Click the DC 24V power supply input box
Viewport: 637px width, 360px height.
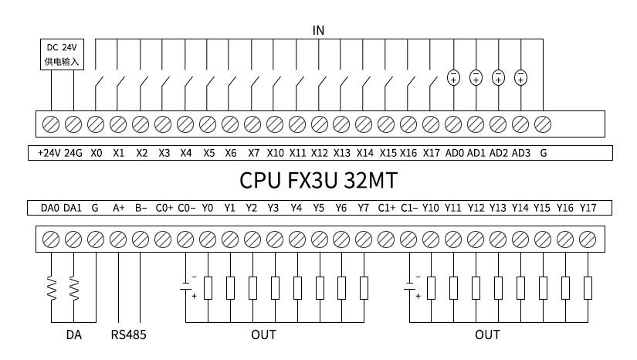pos(63,54)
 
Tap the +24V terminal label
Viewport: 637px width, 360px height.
pos(49,153)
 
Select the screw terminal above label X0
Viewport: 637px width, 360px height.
pos(96,124)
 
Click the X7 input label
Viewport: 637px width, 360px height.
pos(253,153)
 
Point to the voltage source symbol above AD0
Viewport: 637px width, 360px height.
pos(453,77)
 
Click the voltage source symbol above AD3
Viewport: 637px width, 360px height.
pos(521,77)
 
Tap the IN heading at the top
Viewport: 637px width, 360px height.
pos(318,30)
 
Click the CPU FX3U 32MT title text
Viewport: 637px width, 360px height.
pos(318,181)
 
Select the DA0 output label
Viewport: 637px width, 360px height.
pos(50,208)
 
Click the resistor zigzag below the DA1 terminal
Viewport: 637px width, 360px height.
pos(74,288)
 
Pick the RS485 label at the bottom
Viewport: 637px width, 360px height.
pos(128,335)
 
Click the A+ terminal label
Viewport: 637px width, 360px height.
pos(119,208)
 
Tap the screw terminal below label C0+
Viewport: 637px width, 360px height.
pos(163,239)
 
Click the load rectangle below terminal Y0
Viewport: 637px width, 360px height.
pos(208,288)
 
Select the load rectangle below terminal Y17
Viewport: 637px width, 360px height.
pos(588,288)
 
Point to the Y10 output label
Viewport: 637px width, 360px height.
pos(430,208)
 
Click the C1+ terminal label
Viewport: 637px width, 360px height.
pos(386,208)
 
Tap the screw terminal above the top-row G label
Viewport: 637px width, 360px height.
pos(543,124)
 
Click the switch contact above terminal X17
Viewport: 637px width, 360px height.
pos(433,87)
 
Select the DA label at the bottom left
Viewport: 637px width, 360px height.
pos(74,335)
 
